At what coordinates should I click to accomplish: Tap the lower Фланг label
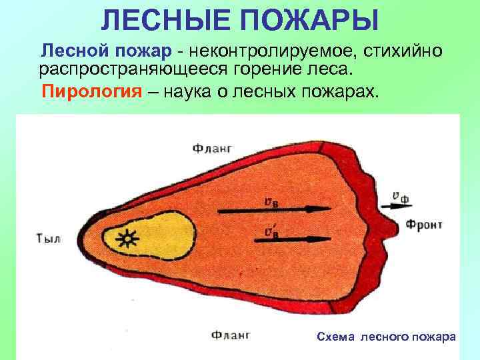pos(230,335)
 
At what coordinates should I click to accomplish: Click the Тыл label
pos(47,238)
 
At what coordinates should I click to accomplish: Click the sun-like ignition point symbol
pos(125,237)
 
